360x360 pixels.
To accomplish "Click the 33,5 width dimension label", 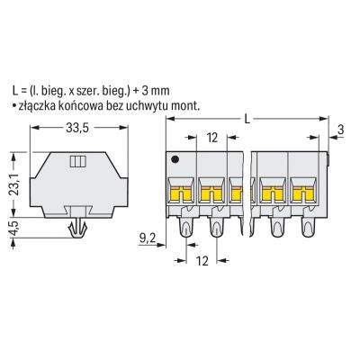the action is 77,128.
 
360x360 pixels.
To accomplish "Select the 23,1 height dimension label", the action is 14,184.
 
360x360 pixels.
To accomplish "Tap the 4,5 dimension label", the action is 14,228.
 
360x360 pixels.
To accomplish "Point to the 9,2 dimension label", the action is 148,238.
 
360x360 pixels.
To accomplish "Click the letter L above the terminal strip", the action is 247,120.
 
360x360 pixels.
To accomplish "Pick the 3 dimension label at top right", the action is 340,130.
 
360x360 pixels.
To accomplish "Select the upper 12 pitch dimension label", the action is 211,138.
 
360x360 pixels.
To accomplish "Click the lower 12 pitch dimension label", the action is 202,261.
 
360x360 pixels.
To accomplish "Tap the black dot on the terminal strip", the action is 175,160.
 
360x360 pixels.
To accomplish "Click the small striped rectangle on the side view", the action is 78,161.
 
